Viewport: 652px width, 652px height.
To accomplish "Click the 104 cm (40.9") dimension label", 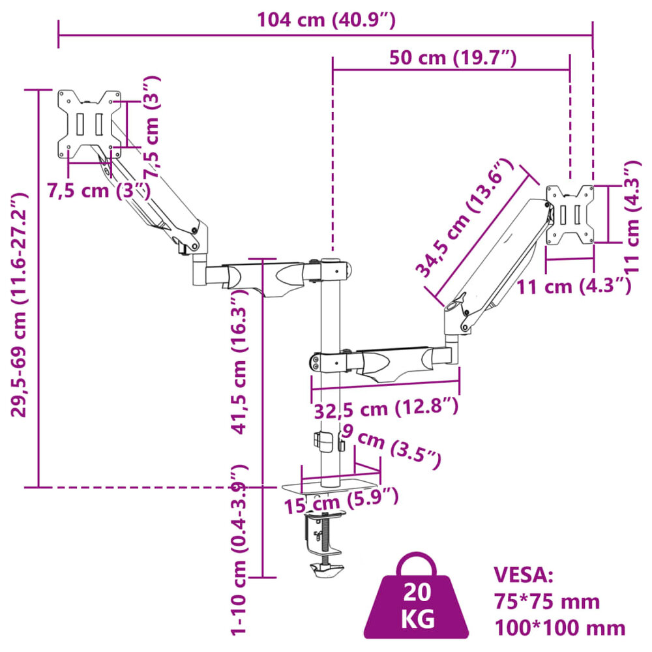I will (x=326, y=20).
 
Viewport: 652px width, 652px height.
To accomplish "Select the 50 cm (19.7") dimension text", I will (x=452, y=58).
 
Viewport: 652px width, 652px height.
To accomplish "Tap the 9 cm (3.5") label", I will (x=391, y=446).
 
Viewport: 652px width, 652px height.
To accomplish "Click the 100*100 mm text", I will (x=560, y=627).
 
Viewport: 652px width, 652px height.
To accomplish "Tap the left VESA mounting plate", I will (x=89, y=123).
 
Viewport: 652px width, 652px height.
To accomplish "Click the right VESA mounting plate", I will (x=570, y=215).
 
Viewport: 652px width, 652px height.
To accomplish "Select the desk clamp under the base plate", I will (x=324, y=541).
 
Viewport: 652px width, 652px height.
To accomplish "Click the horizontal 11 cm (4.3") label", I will (x=574, y=286).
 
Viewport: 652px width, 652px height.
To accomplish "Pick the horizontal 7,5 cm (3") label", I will (x=98, y=190).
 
